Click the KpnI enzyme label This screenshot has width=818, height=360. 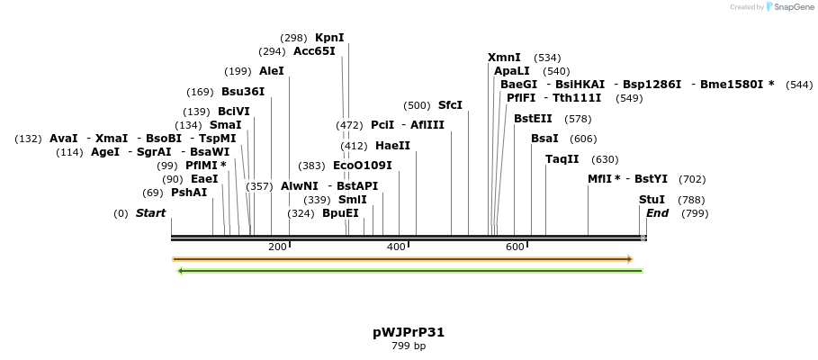coord(328,38)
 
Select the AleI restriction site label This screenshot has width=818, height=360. coord(271,71)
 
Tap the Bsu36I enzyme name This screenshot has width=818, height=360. coord(243,92)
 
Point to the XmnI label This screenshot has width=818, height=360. coord(504,58)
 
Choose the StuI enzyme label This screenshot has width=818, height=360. coord(652,200)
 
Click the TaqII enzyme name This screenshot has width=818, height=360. coord(562,159)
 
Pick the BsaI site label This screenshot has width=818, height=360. coord(544,139)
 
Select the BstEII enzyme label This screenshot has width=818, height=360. coord(533,119)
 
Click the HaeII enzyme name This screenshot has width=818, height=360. coord(392,146)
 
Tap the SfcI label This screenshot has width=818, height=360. coord(450,105)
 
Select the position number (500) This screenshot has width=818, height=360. coord(417,105)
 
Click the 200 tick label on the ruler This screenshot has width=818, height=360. coord(277,247)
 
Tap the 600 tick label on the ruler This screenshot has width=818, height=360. coord(515,247)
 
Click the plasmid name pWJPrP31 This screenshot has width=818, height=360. coord(409,332)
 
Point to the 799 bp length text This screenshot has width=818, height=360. coord(409,346)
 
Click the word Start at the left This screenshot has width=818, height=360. coord(150,213)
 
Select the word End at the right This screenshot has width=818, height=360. coord(657,213)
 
